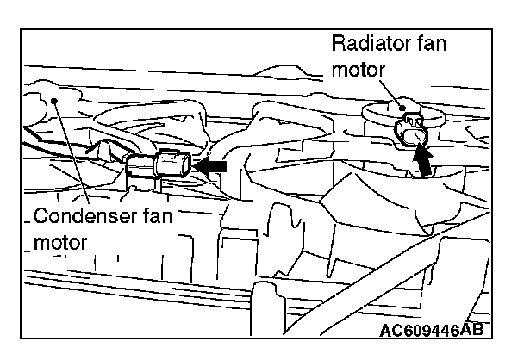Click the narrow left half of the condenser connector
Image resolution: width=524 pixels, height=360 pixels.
coord(138,165)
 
